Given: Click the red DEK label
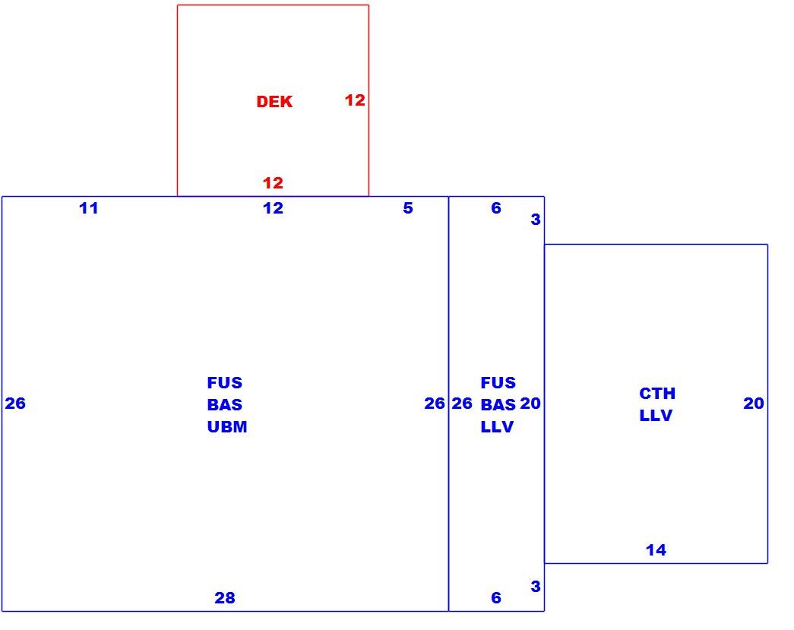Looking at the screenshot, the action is point(274,102).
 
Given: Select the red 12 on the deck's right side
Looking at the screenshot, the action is point(355,100).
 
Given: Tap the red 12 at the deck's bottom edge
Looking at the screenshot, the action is point(273,183).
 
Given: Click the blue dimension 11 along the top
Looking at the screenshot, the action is point(89,208).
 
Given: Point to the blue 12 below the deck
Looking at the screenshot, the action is point(273,208).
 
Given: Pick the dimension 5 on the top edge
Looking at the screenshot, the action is point(408,208).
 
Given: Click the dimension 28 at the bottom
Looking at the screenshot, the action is point(225,598).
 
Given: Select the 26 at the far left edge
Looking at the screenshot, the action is point(15,403).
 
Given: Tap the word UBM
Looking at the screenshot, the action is point(227,427).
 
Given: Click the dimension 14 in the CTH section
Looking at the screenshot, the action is point(656,550).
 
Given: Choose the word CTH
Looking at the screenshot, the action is point(657,394).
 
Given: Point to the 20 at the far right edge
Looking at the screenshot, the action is point(754,403).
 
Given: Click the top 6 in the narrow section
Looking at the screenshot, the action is point(496,208).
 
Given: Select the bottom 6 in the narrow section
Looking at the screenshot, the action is point(496,598).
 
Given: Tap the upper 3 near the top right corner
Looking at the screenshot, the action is point(536,220).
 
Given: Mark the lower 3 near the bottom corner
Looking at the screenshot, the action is point(536,586).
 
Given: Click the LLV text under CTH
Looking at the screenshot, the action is point(656,415).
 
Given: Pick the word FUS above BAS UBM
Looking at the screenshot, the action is point(225,383).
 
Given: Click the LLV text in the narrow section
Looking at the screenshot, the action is point(497,427).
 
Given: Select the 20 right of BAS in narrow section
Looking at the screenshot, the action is point(530,403).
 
